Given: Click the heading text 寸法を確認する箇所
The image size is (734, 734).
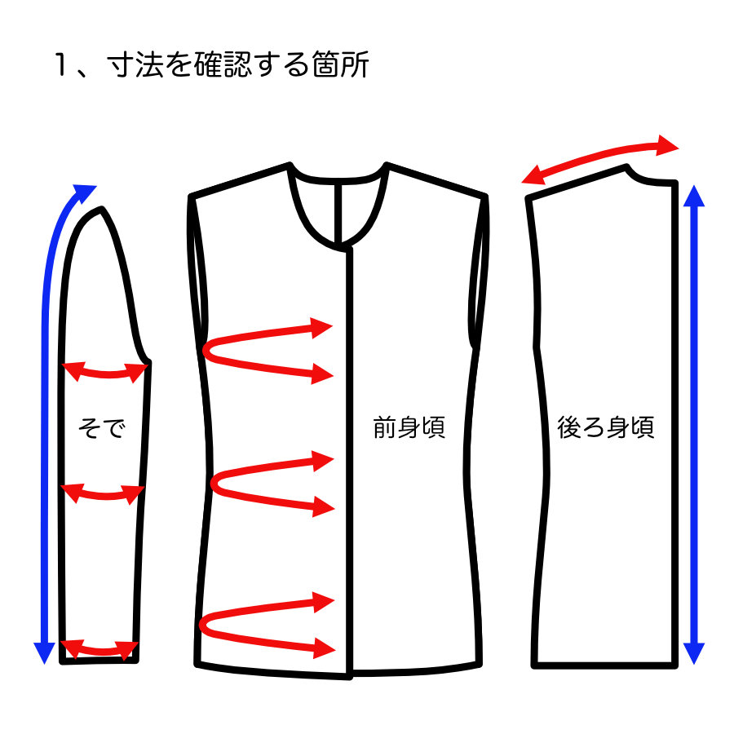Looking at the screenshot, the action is (x=238, y=64).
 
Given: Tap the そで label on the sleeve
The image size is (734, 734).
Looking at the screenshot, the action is (x=102, y=427).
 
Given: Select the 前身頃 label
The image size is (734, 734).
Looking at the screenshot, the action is (x=409, y=427).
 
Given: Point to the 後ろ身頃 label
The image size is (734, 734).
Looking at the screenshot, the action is (x=605, y=427).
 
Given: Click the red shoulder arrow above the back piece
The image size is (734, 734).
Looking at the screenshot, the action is (x=599, y=156).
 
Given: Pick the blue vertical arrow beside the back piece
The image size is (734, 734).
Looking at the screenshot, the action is (x=694, y=424).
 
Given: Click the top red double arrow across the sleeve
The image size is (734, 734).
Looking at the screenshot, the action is (x=105, y=373).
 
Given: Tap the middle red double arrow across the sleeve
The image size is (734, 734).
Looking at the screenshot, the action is (x=103, y=495).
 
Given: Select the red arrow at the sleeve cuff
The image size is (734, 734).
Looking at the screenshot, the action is (x=99, y=650).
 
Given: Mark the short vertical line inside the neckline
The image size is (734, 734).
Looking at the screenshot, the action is (x=341, y=214).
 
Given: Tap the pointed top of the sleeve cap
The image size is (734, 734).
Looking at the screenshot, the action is (x=101, y=210).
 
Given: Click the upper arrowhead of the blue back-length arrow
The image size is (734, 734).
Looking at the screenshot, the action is (x=694, y=196).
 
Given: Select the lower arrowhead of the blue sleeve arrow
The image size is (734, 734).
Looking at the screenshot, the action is (x=45, y=653).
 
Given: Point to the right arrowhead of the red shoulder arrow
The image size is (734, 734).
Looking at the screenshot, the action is (x=668, y=145).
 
